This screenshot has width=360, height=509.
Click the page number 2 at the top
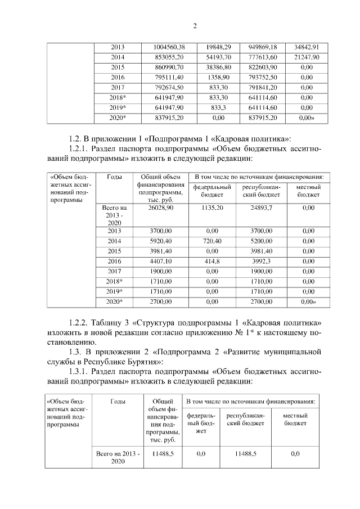tap(194, 25)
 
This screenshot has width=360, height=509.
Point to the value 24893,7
tap(262, 208)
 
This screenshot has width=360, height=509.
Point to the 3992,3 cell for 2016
tap(262, 262)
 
